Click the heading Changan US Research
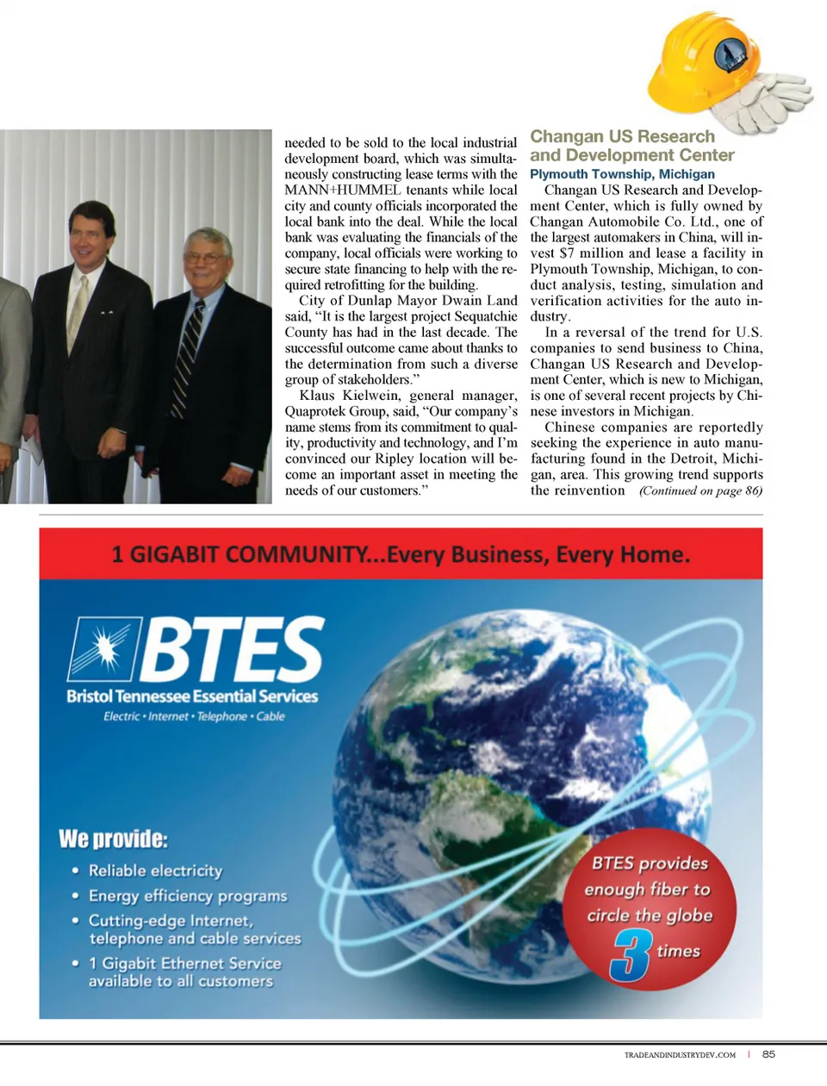[x=622, y=136]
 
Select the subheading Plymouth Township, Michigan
[x=622, y=174]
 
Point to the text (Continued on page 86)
[x=700, y=491]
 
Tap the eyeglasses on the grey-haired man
[x=208, y=258]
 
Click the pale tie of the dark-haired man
[x=78, y=310]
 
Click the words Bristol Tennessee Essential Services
[x=192, y=696]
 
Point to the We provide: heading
[x=113, y=839]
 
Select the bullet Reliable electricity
[x=155, y=871]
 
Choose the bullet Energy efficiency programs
[x=187, y=896]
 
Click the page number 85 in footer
[x=768, y=1054]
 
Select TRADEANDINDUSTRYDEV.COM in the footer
[x=680, y=1055]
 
